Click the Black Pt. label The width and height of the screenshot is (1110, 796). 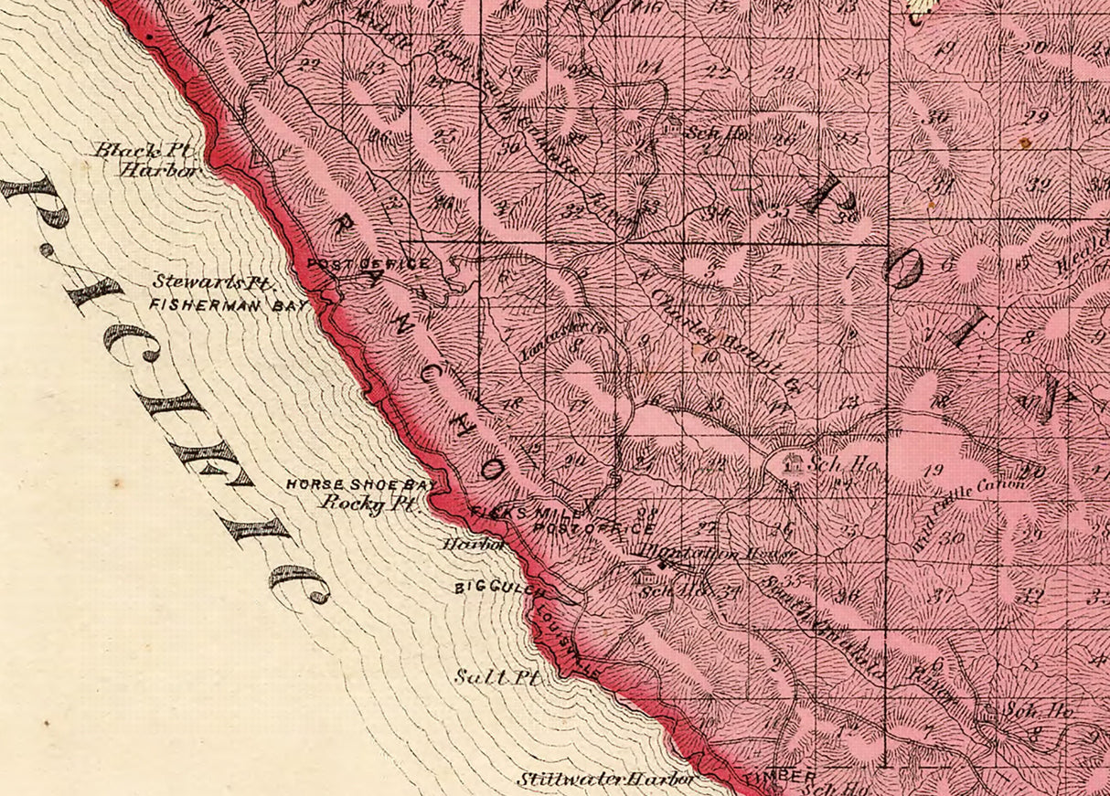[x=143, y=150]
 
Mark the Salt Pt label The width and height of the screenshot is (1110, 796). [x=497, y=678]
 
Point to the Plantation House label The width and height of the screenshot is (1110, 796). [x=718, y=551]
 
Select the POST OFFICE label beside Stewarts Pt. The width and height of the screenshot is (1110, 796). [x=368, y=264]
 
